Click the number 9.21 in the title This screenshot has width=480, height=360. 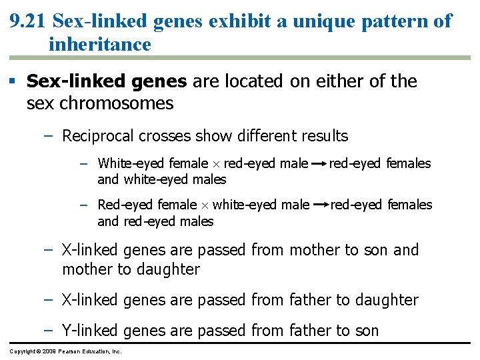(x=27, y=21)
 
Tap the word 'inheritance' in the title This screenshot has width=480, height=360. (x=99, y=45)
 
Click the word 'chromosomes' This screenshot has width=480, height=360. (x=117, y=103)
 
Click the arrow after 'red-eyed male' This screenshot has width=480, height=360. (x=319, y=163)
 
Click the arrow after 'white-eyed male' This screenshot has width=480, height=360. (x=320, y=205)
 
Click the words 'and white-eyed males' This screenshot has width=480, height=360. (x=162, y=179)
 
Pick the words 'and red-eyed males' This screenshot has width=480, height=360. (x=155, y=221)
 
